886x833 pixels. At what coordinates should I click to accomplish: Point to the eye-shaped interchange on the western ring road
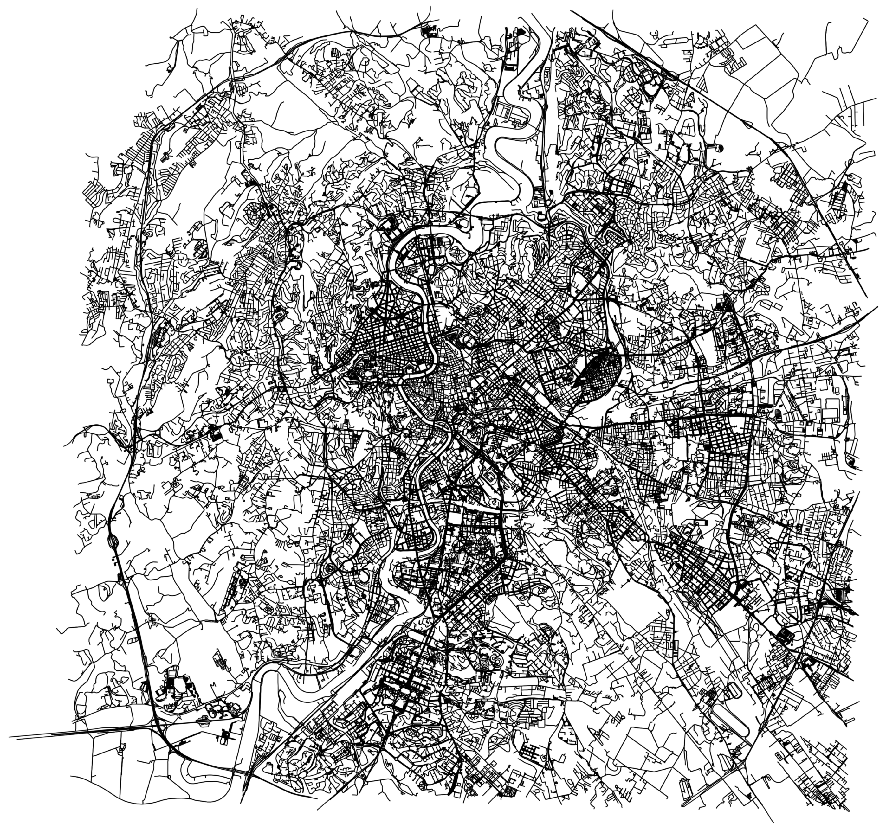(x=114, y=541)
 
